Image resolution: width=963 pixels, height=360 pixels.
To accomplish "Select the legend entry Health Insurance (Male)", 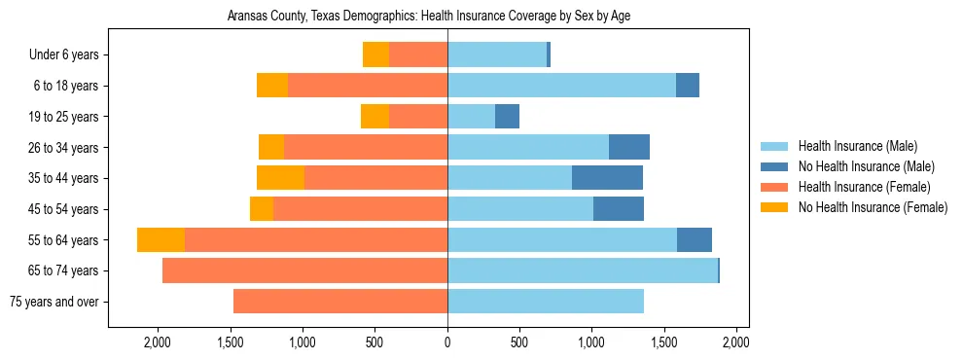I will point(856,146).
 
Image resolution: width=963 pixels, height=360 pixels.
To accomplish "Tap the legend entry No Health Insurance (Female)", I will point(873,207).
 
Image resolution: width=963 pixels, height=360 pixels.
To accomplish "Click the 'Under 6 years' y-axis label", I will point(63,55).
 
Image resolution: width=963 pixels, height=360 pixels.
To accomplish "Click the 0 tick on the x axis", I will point(447,342).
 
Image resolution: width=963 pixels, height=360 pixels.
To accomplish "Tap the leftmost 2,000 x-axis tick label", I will point(158,342).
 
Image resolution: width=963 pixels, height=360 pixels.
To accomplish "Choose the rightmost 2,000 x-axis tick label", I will point(736,342).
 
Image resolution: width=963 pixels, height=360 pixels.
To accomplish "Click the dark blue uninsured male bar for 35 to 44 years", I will point(607,178).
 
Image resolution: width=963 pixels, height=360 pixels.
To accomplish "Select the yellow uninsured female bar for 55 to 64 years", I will point(160,240).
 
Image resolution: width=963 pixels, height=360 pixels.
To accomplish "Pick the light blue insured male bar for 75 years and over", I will point(545,302).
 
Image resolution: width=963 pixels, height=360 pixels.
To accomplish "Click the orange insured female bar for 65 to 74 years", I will point(304,270).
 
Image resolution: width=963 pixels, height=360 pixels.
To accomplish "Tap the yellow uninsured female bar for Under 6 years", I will point(375,55).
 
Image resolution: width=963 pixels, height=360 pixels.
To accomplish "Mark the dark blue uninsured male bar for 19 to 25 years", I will point(507,117).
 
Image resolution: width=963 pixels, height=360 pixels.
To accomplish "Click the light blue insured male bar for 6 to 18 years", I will point(561,86).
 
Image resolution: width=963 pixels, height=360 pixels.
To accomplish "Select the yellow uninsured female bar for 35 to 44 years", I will point(280,178).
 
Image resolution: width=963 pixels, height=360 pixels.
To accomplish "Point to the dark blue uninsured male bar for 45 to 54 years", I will point(618,209).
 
